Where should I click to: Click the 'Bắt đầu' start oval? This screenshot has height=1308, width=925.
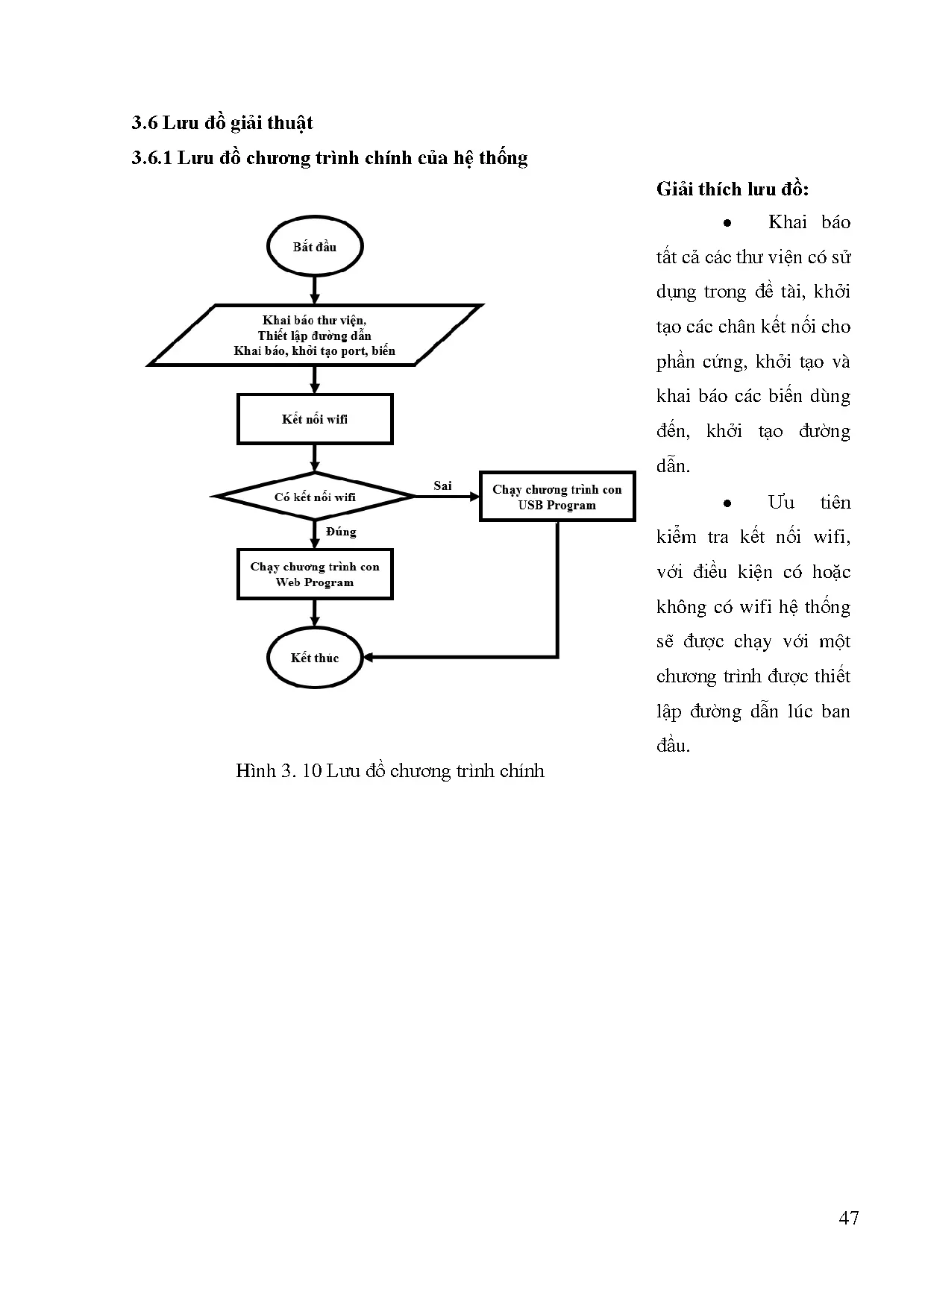tap(314, 247)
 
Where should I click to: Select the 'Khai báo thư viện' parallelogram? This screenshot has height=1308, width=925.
tap(314, 335)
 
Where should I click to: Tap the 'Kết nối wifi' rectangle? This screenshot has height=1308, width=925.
tap(314, 419)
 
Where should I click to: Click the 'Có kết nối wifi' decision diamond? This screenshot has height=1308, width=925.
tap(314, 497)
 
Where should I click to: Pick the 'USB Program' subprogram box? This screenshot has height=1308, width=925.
tap(556, 497)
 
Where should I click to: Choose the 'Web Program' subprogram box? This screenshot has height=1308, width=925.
tap(314, 574)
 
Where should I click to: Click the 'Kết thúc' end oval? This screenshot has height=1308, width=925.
tap(314, 658)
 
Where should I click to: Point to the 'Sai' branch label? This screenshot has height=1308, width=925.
tap(442, 485)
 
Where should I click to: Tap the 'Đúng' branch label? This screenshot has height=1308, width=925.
tap(341, 532)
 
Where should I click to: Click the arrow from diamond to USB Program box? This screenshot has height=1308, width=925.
tap(448, 497)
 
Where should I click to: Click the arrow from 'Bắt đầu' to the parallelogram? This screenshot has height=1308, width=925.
tap(314, 289)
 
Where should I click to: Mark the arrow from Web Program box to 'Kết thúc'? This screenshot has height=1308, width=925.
tap(314, 613)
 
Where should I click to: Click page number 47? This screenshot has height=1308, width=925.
tap(848, 1218)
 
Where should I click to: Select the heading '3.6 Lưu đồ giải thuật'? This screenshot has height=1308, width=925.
tap(222, 123)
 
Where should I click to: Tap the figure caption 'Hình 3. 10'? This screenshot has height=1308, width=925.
tap(278, 770)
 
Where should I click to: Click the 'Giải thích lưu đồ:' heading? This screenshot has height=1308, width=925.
tap(732, 189)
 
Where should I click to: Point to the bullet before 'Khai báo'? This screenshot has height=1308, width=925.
tap(727, 223)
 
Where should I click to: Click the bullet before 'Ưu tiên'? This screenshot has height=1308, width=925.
tap(727, 503)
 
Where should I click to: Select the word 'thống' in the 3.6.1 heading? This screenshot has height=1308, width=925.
tap(504, 158)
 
